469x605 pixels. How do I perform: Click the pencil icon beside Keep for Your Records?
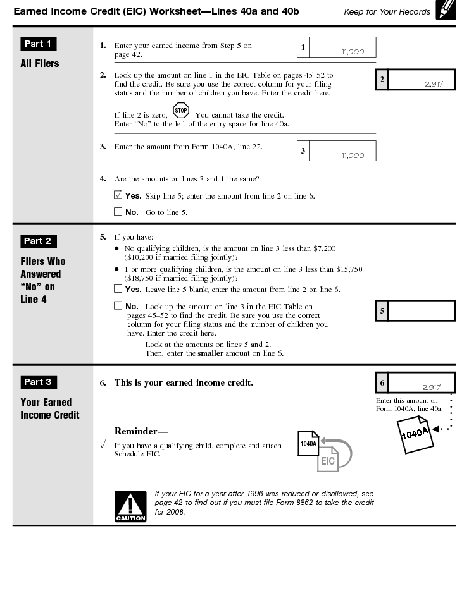point(446,11)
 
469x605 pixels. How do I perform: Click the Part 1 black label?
point(39,44)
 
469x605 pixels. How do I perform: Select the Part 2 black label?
point(39,241)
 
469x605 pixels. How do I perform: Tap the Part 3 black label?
point(39,382)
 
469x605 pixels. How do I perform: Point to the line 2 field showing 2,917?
point(421,80)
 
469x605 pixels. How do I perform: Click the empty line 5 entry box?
point(421,310)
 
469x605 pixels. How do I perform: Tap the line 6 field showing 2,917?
point(421,383)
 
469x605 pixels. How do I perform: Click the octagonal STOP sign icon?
point(180,111)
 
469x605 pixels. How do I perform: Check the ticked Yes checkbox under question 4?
point(118,195)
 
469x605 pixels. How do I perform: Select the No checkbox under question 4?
point(118,212)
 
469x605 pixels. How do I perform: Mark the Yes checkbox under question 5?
point(118,289)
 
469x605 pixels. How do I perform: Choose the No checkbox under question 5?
point(118,306)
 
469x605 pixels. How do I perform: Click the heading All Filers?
point(39,64)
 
